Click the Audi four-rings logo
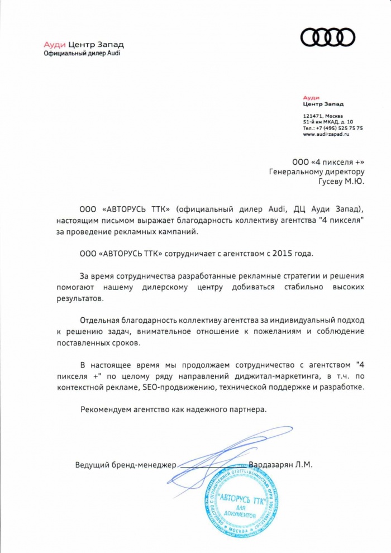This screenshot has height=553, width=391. (x=328, y=38)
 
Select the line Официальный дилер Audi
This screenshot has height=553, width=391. (x=82, y=53)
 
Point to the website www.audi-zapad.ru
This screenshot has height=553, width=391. (x=326, y=135)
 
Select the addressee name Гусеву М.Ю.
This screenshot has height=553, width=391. (x=340, y=181)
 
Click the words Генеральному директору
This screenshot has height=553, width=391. (x=316, y=171)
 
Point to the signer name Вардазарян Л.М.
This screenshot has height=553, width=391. (x=280, y=465)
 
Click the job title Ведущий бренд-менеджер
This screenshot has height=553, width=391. (x=126, y=465)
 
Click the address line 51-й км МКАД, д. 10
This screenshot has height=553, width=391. (x=328, y=121)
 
